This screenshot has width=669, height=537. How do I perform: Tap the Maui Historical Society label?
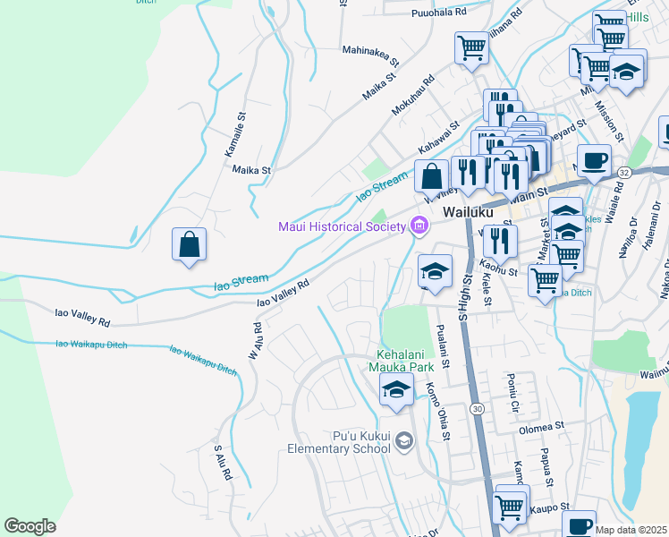(x=343, y=225)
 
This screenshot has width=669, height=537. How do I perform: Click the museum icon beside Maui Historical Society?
(x=418, y=226)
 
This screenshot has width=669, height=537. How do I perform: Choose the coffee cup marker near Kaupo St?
(x=579, y=524)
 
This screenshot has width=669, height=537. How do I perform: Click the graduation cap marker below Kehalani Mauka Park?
(x=396, y=390)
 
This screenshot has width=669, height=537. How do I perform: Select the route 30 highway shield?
(x=478, y=408)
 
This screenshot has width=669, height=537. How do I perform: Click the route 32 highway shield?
(x=623, y=172)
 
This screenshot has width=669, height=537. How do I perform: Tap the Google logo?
(x=30, y=526)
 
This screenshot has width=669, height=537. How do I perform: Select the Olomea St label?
(x=543, y=429)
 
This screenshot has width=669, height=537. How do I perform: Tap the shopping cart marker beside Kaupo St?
(x=510, y=506)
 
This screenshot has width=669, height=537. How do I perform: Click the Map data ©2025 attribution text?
(x=631, y=530)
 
